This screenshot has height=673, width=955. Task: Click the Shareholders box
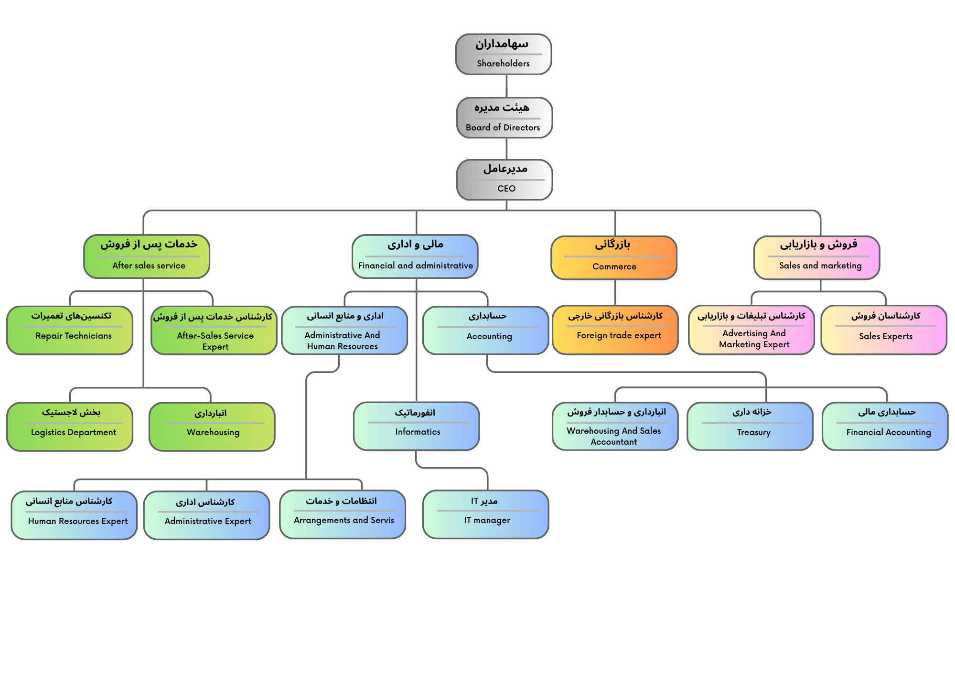(504, 54)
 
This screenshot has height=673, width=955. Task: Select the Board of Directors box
(504, 118)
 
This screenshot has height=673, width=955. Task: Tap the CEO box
(504, 180)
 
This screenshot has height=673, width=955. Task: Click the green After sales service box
(147, 256)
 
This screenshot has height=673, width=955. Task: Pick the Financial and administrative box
(415, 256)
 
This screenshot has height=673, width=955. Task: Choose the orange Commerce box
(614, 258)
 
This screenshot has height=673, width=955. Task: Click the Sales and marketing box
(817, 258)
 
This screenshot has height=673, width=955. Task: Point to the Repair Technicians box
(70, 331)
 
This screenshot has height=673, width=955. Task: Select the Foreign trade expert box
(615, 330)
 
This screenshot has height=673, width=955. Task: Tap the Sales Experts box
(884, 330)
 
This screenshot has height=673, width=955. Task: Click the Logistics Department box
(70, 427)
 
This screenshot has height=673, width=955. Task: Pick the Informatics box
(417, 426)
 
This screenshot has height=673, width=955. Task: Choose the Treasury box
(750, 427)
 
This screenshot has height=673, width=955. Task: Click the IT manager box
(486, 514)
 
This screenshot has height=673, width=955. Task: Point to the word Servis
(382, 520)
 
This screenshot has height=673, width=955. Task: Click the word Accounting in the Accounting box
(489, 336)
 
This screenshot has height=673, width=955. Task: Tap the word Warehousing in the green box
(213, 432)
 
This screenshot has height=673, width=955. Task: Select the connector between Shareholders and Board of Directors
(506, 86)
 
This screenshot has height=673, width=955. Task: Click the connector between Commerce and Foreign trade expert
(615, 293)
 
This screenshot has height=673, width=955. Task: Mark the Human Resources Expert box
(74, 515)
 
